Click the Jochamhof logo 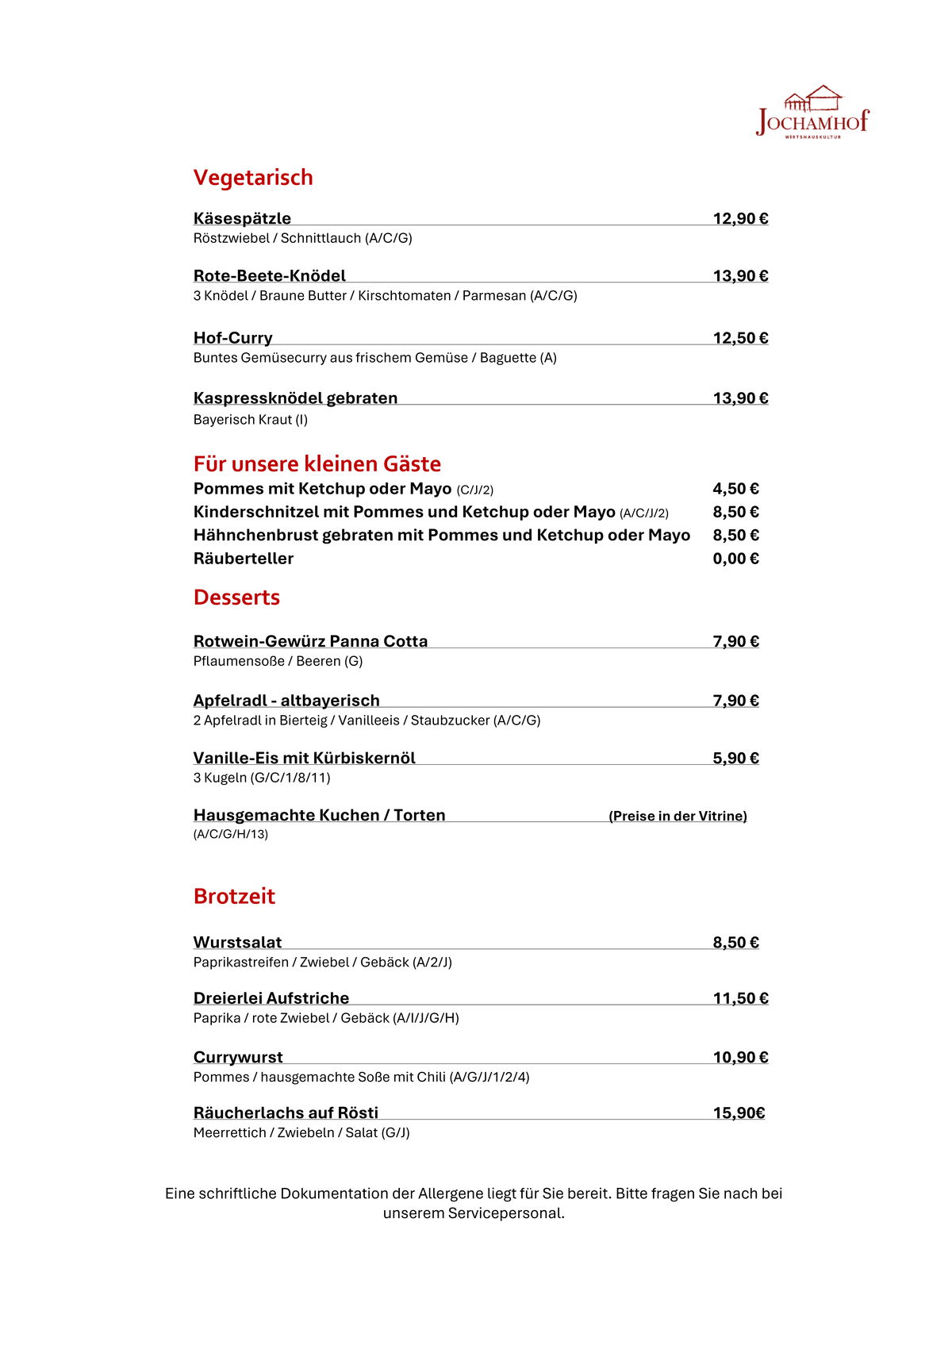[812, 113]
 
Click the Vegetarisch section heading [253, 178]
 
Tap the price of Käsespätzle [740, 219]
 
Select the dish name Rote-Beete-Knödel [270, 276]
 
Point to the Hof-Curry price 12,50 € [740, 338]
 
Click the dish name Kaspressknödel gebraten [295, 398]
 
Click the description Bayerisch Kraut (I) [251, 420]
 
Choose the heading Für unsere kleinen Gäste [317, 464]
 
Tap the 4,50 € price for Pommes [735, 489]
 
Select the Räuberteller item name [244, 559]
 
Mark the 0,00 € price [735, 559]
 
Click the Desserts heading [236, 598]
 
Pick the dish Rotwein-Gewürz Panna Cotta [310, 641]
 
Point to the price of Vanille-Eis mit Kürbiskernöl [735, 759]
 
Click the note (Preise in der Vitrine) [678, 817]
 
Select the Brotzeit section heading [234, 897]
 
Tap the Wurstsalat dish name [237, 943]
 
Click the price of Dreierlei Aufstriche [740, 999]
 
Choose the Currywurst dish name [238, 1058]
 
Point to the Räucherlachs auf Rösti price [739, 1113]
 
